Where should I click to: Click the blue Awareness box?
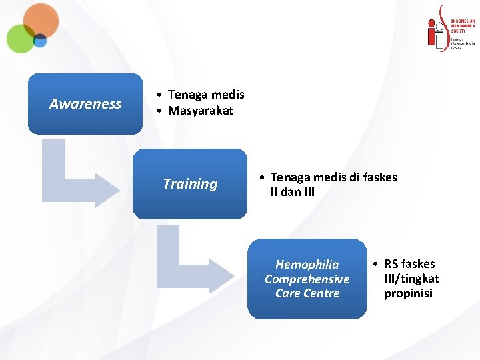(x=85, y=103)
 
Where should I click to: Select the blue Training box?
(x=190, y=183)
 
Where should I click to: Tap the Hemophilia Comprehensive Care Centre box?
(x=307, y=279)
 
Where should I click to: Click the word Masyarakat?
(x=200, y=111)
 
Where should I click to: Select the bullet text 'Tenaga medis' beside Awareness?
(x=206, y=95)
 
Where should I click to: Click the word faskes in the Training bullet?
(x=377, y=177)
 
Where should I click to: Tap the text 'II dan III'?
(x=292, y=192)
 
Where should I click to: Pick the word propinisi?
(x=408, y=293)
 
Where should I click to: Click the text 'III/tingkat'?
(x=411, y=279)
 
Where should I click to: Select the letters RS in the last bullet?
(x=391, y=264)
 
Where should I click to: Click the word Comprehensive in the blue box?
(x=307, y=279)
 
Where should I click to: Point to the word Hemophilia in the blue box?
(x=307, y=265)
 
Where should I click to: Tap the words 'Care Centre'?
(x=307, y=293)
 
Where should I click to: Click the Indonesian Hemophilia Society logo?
(x=451, y=27)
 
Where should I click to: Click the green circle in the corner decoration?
(x=20, y=38)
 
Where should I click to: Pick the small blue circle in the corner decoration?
(x=40, y=41)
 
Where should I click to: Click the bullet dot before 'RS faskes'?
(x=377, y=264)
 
